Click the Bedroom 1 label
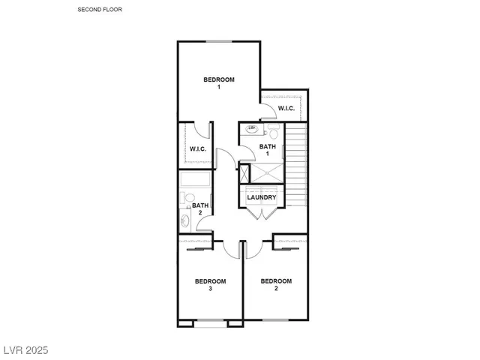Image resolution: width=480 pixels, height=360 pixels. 219,82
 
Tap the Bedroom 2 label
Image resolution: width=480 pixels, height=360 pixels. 276,284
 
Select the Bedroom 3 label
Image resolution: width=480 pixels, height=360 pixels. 210,284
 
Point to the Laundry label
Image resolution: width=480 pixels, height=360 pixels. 262,198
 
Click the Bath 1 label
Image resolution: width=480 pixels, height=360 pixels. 268,150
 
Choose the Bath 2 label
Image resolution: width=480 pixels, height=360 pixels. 199,208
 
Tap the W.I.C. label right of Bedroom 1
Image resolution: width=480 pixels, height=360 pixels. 286,109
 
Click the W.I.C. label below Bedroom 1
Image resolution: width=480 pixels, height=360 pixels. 198,148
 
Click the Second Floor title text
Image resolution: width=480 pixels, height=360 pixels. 99,10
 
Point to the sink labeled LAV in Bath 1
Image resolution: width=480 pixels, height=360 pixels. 252,129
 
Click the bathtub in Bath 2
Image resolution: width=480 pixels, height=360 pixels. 196,181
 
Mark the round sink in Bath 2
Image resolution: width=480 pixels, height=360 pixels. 184,221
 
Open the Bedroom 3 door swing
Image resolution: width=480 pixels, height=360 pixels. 230,247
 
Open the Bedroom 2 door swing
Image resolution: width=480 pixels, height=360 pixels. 253,247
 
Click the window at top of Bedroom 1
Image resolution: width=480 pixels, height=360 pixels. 219,41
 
